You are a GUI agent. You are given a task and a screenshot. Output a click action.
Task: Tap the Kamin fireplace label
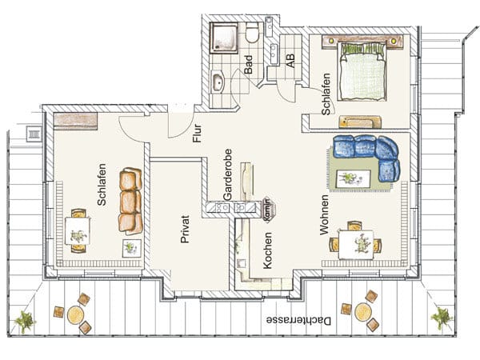pos(266,210)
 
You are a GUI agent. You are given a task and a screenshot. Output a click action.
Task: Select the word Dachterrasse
pos(298,321)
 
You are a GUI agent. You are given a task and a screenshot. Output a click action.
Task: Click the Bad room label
pos(248,65)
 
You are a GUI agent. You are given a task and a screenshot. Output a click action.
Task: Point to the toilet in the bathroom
pos(253,33)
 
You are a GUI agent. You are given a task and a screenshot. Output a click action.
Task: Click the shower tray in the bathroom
pos(224,38)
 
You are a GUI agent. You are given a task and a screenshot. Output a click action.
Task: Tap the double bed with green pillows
pos(362,72)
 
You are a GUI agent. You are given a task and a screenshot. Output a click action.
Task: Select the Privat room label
pos(185,230)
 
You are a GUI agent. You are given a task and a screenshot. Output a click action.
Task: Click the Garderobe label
pos(227,174)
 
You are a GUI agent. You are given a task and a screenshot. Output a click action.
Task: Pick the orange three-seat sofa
pos(130,201)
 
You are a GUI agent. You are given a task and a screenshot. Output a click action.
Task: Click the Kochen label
pos(267,250)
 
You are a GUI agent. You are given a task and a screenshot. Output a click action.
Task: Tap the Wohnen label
pos(324,215)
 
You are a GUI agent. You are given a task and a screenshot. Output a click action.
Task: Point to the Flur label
pos(197,133)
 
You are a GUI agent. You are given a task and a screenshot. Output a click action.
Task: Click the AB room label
pos(290,61)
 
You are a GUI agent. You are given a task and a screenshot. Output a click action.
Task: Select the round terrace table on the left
pos(76,315)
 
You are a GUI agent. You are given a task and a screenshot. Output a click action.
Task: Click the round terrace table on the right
pos(363,312)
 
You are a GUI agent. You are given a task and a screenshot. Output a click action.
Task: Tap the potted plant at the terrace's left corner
pos(24,322)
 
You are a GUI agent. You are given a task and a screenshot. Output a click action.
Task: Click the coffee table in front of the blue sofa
pos(354,178)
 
